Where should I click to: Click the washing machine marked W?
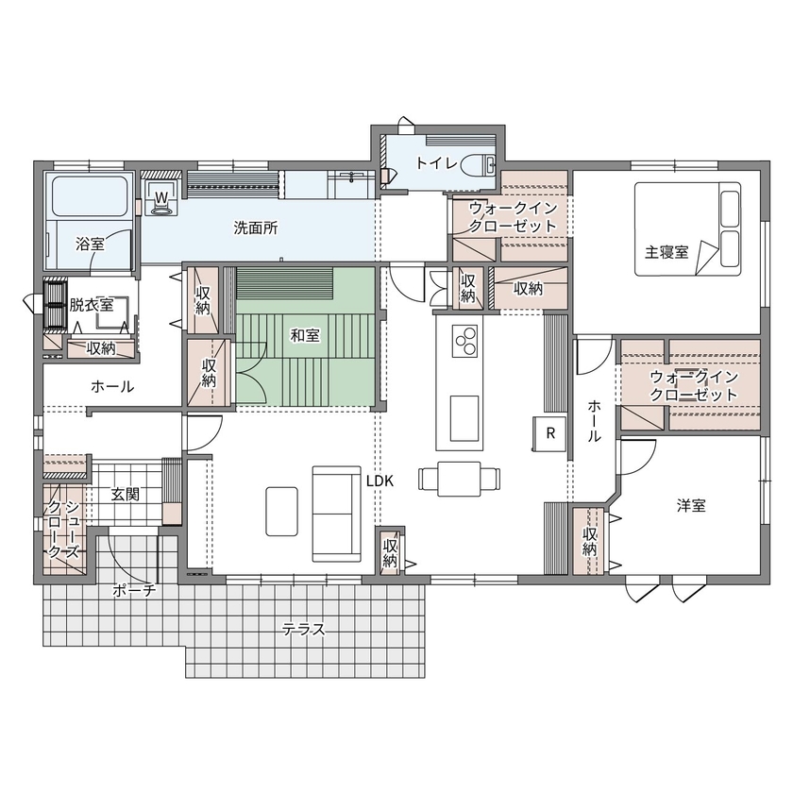161,199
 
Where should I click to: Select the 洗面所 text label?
254,228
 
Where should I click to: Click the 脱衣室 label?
91,304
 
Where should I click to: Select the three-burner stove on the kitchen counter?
465,340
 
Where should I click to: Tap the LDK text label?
380,480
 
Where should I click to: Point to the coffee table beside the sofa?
282,510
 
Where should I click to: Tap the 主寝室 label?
666,253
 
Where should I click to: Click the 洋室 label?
691,506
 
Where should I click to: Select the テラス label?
303,630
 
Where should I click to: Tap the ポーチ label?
133,590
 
